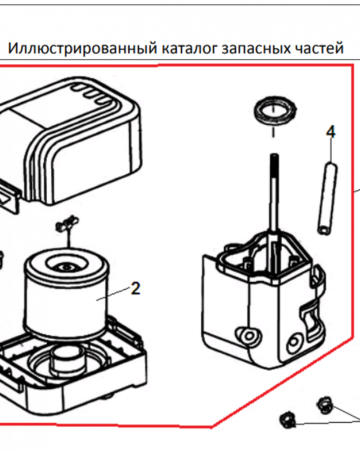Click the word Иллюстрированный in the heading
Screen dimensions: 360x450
[82, 48]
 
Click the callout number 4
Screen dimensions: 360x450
[331, 132]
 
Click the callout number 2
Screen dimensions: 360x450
[135, 288]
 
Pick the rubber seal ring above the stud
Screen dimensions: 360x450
[275, 111]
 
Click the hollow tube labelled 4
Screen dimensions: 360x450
[328, 198]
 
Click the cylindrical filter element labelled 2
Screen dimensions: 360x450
[66, 293]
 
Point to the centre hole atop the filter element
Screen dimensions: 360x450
[66, 267]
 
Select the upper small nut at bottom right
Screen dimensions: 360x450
[325, 405]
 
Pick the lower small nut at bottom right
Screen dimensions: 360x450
[288, 420]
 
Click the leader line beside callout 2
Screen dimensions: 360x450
[113, 294]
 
